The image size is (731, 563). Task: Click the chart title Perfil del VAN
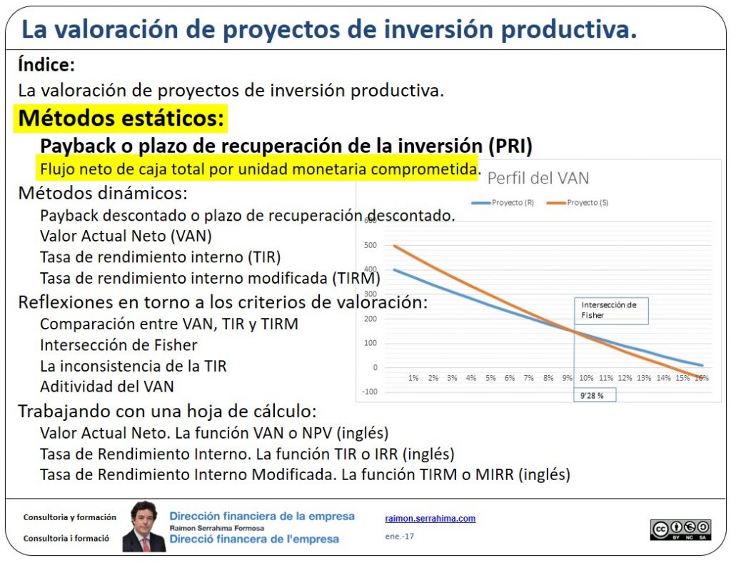tap(538, 179)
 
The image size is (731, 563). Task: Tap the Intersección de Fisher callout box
tap(611, 310)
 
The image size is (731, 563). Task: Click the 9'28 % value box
tap(593, 395)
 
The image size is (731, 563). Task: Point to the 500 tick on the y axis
tap(369, 246)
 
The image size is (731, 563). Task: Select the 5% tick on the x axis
tap(490, 377)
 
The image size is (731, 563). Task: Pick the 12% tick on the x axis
tap(625, 377)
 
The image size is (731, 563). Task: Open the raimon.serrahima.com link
tap(430, 519)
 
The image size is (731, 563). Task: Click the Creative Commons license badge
tap(680, 529)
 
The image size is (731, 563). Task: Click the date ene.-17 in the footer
tap(399, 536)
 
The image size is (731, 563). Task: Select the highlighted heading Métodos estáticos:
tap(121, 117)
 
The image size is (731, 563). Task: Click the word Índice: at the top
tap(46, 65)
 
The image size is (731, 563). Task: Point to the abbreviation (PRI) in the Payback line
tap(510, 146)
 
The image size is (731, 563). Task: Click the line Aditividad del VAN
tap(107, 387)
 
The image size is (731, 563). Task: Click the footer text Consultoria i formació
tap(66, 539)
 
